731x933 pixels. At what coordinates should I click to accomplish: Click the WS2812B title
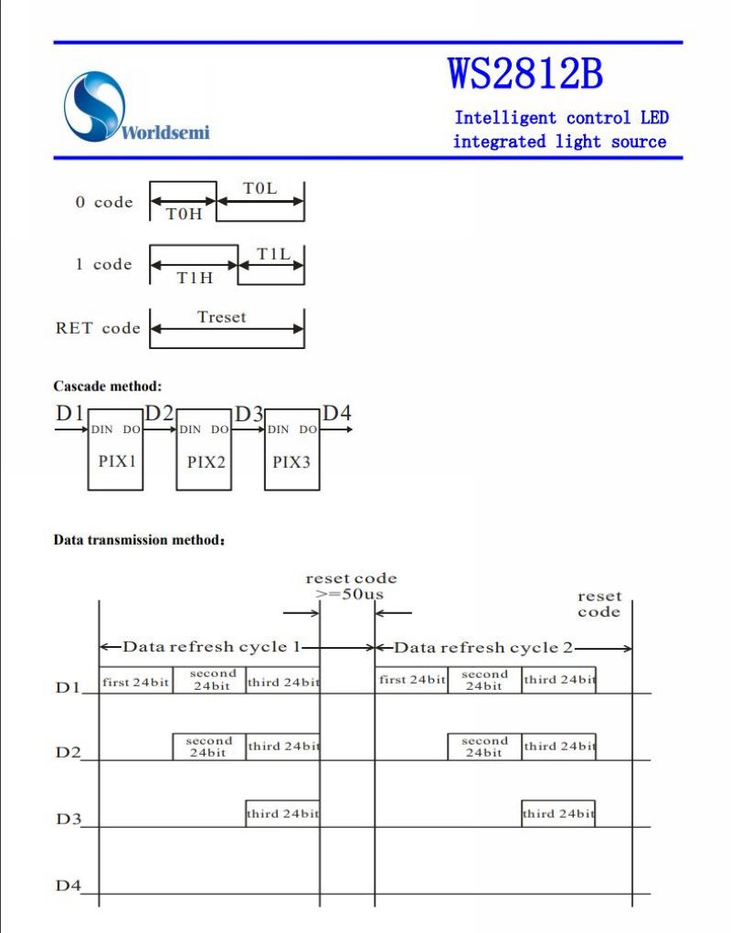point(525,74)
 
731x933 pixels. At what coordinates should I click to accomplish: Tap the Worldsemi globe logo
point(94,107)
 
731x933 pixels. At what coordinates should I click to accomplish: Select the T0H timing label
point(184,214)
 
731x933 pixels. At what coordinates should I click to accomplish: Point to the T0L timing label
point(260,188)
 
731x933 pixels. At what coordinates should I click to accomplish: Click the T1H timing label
point(196,277)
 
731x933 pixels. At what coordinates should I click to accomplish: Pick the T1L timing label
point(273,254)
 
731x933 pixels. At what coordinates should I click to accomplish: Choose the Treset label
point(221,317)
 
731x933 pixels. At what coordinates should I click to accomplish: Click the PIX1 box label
point(117,461)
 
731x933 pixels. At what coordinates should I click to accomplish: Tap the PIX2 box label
point(206,461)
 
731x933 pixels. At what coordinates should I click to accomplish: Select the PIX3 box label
point(291,461)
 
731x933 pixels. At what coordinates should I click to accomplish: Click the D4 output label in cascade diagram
point(336,413)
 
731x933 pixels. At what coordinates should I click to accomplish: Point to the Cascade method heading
point(108,387)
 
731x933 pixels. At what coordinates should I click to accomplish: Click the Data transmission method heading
point(139,540)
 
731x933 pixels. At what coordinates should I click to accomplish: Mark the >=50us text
point(350,594)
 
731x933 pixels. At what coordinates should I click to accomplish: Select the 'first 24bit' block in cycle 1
point(136,680)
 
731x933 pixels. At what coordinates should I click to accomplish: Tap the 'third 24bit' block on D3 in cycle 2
point(558,813)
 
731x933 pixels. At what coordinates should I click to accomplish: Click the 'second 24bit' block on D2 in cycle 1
point(208,747)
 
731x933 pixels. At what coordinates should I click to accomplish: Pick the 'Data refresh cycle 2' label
point(483,647)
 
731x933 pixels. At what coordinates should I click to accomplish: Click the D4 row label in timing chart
point(68,885)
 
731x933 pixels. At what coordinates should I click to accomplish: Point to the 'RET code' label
point(98,328)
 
